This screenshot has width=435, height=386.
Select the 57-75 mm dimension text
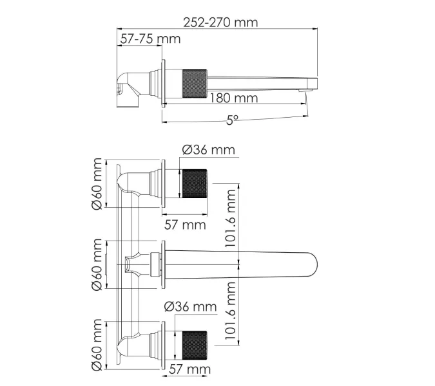pyautogui.click(x=150, y=39)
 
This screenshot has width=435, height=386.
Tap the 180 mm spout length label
pyautogui.click(x=233, y=98)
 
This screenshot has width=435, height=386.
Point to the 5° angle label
pyautogui.click(x=232, y=120)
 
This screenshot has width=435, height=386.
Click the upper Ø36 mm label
pyautogui.click(x=208, y=150)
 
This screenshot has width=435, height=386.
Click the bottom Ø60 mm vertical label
pyautogui.click(x=97, y=344)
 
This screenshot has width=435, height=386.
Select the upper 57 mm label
pyautogui.click(x=184, y=224)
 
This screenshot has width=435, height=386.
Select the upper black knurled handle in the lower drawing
pyautogui.click(x=193, y=184)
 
